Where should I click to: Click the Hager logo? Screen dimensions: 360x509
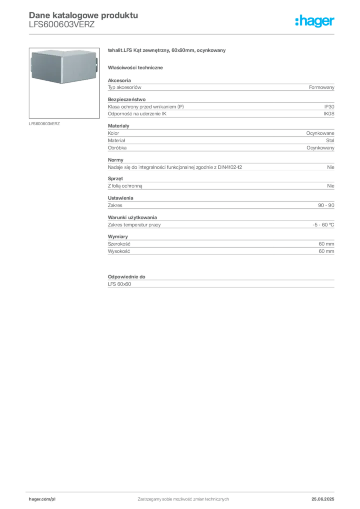(x=315, y=21)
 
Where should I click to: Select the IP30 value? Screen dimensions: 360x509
(x=329, y=107)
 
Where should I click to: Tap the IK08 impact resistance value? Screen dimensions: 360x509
(x=329, y=114)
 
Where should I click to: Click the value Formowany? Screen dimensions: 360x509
(x=321, y=87)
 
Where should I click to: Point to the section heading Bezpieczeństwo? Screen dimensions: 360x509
(x=127, y=99)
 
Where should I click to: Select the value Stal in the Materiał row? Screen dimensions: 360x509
(x=330, y=141)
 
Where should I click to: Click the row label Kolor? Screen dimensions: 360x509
(x=113, y=133)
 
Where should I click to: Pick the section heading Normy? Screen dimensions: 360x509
(x=115, y=160)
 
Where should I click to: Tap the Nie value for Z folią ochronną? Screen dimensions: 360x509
(x=331, y=186)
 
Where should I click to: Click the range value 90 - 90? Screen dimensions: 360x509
(x=326, y=205)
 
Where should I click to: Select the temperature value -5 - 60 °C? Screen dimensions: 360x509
(x=323, y=225)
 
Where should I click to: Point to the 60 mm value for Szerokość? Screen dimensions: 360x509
(x=326, y=244)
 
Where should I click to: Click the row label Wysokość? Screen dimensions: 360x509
(x=119, y=251)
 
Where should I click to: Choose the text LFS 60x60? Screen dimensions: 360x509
(x=119, y=284)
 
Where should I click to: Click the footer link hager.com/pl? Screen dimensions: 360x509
(x=42, y=499)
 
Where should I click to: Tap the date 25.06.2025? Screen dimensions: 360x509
(x=323, y=499)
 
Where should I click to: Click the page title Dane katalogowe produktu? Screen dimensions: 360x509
(x=84, y=15)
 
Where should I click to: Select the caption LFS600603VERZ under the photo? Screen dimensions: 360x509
(x=44, y=124)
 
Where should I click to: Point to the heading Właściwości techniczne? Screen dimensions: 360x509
(x=135, y=68)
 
